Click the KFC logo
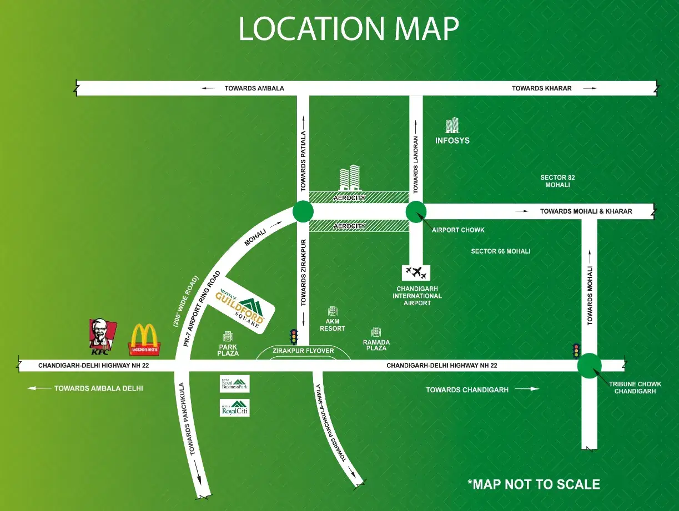102,337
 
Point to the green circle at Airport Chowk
416,211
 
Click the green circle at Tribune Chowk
589,365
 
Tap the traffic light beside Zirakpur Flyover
293,337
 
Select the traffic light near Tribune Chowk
576,350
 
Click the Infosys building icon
452,126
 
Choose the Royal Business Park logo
235,383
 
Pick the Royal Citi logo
235,407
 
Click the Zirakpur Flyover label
303,351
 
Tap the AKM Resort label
333,325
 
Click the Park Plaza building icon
228,336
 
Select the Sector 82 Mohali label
557,181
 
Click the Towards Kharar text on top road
541,88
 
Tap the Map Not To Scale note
534,484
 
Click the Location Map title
349,29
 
